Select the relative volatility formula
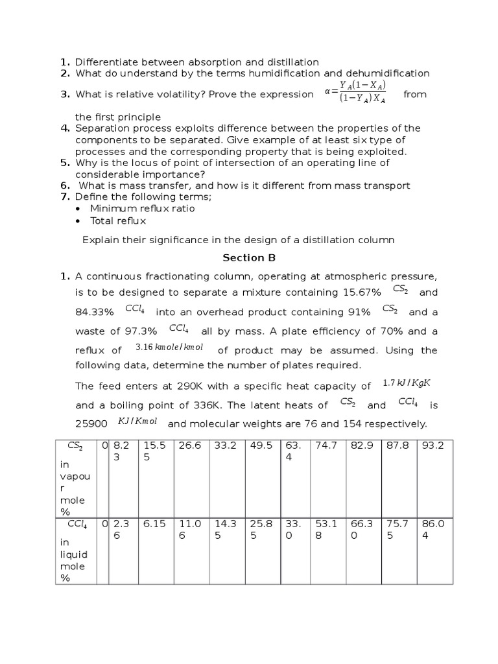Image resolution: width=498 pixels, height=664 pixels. (355, 92)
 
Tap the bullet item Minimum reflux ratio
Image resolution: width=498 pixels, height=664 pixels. (142, 208)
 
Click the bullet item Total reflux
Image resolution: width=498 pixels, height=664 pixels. (118, 220)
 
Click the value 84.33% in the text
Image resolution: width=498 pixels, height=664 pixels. (95, 313)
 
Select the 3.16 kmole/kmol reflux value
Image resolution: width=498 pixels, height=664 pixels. (169, 348)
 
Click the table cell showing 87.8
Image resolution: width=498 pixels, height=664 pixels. (396, 446)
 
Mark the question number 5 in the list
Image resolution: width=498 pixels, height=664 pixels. (65, 162)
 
